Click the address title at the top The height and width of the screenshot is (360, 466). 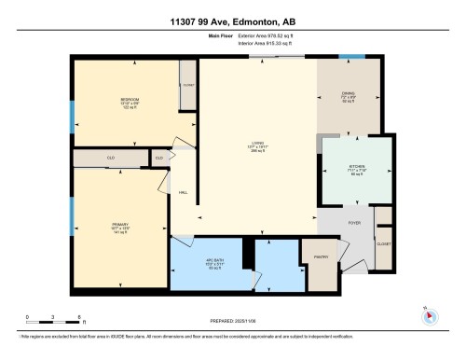click(232, 21)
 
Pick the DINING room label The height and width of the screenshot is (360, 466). click(348, 96)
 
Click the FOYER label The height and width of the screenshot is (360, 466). click(355, 223)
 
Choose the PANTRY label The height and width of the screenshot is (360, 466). click(319, 256)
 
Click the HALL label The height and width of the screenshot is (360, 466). click(183, 192)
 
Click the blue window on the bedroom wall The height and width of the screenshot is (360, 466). click(72, 113)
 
